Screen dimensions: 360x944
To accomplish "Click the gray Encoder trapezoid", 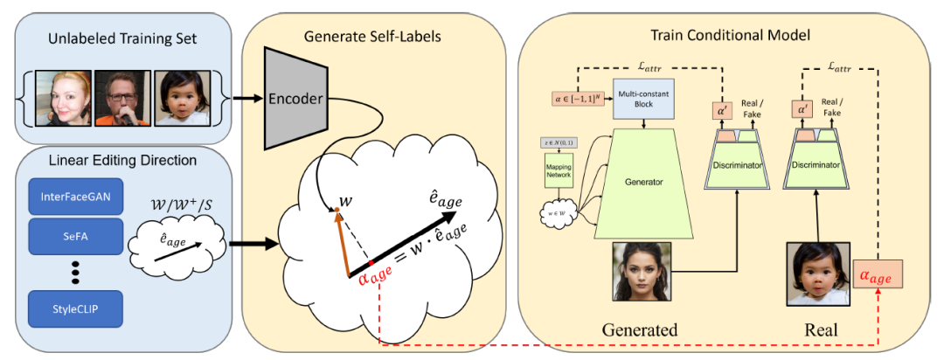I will (298, 99).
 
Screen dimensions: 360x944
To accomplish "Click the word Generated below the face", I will (641, 331).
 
